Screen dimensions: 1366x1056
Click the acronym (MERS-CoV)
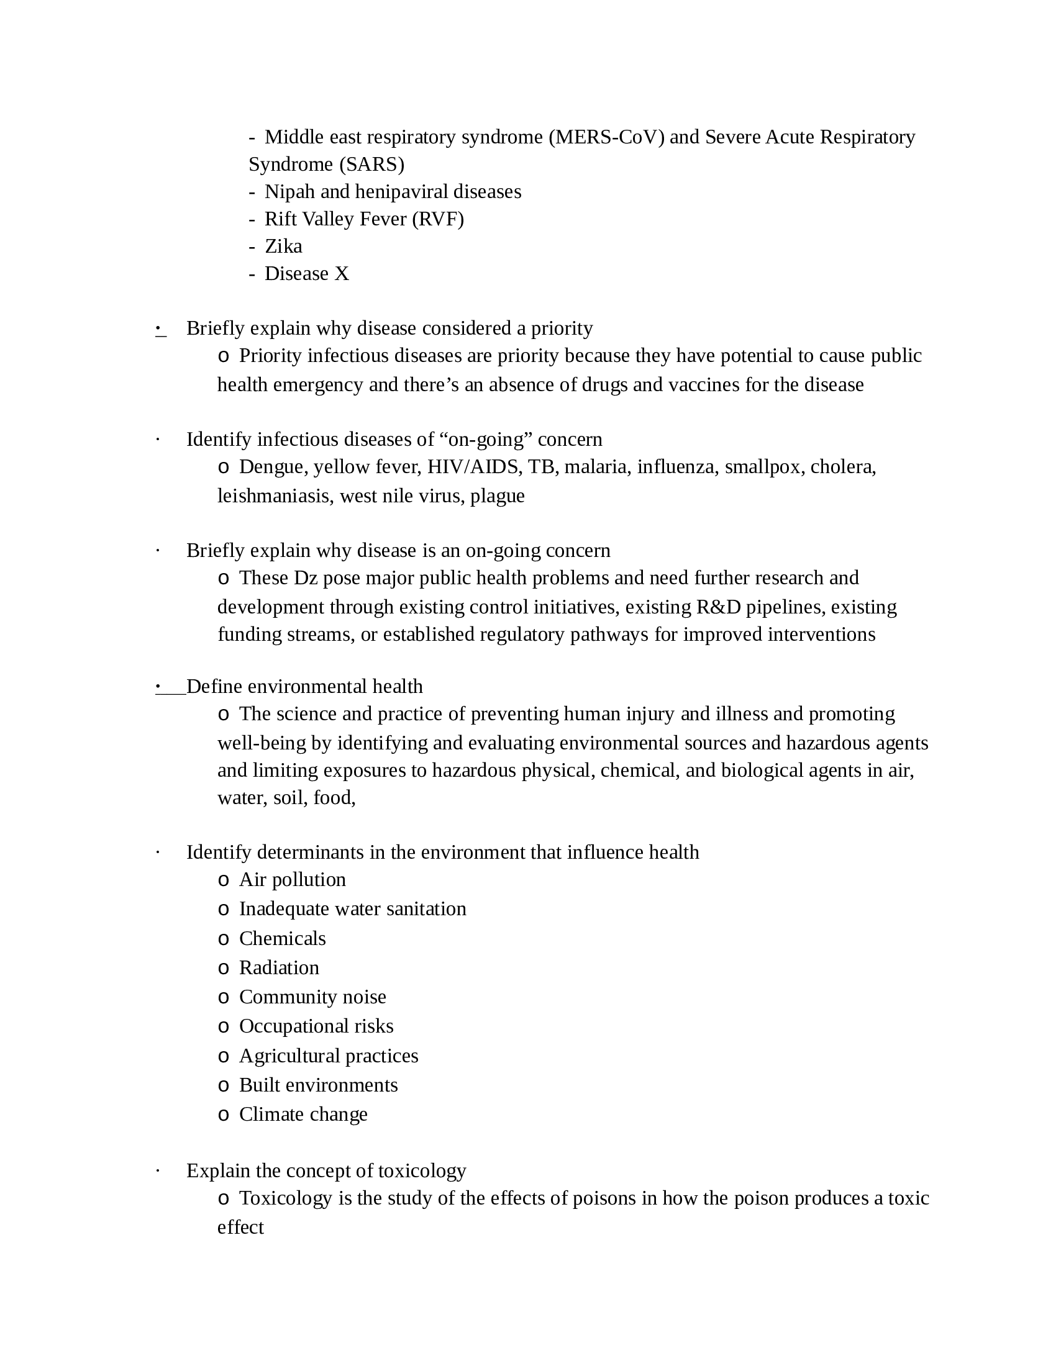(606, 137)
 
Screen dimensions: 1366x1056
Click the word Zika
(283, 247)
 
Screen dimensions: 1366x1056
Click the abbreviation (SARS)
(371, 165)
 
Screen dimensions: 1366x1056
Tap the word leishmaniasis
(275, 496)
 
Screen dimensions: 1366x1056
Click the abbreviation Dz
(306, 578)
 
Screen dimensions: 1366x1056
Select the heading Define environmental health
(304, 687)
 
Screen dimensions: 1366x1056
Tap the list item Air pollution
(292, 880)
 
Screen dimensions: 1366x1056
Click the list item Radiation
(279, 968)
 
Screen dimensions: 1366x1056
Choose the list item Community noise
(312, 997)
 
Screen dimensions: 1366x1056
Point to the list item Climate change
(303, 1115)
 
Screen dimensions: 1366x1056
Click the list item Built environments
(318, 1085)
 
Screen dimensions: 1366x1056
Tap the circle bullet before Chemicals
(224, 939)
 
